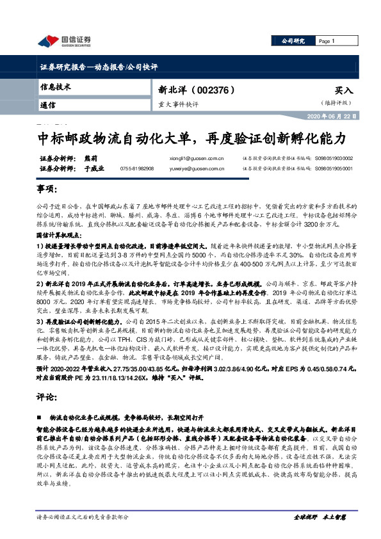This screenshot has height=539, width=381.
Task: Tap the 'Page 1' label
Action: [x=327, y=41]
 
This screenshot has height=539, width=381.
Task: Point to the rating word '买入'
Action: [x=343, y=91]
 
